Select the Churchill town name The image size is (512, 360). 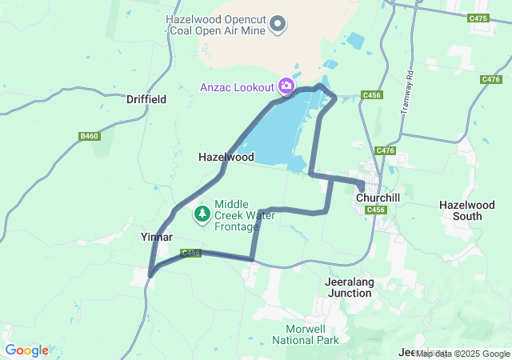[378, 197]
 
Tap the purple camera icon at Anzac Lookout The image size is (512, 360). [286, 86]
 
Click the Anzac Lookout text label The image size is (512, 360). [234, 86]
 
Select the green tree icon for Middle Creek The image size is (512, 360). [202, 214]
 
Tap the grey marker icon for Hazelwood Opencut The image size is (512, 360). [278, 25]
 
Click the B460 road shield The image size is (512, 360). [90, 137]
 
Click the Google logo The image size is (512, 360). [26, 350]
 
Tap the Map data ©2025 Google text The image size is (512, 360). [462, 354]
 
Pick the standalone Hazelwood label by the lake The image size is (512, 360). [226, 158]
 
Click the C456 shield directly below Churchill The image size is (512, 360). [376, 210]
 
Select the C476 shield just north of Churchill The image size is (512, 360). [385, 150]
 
